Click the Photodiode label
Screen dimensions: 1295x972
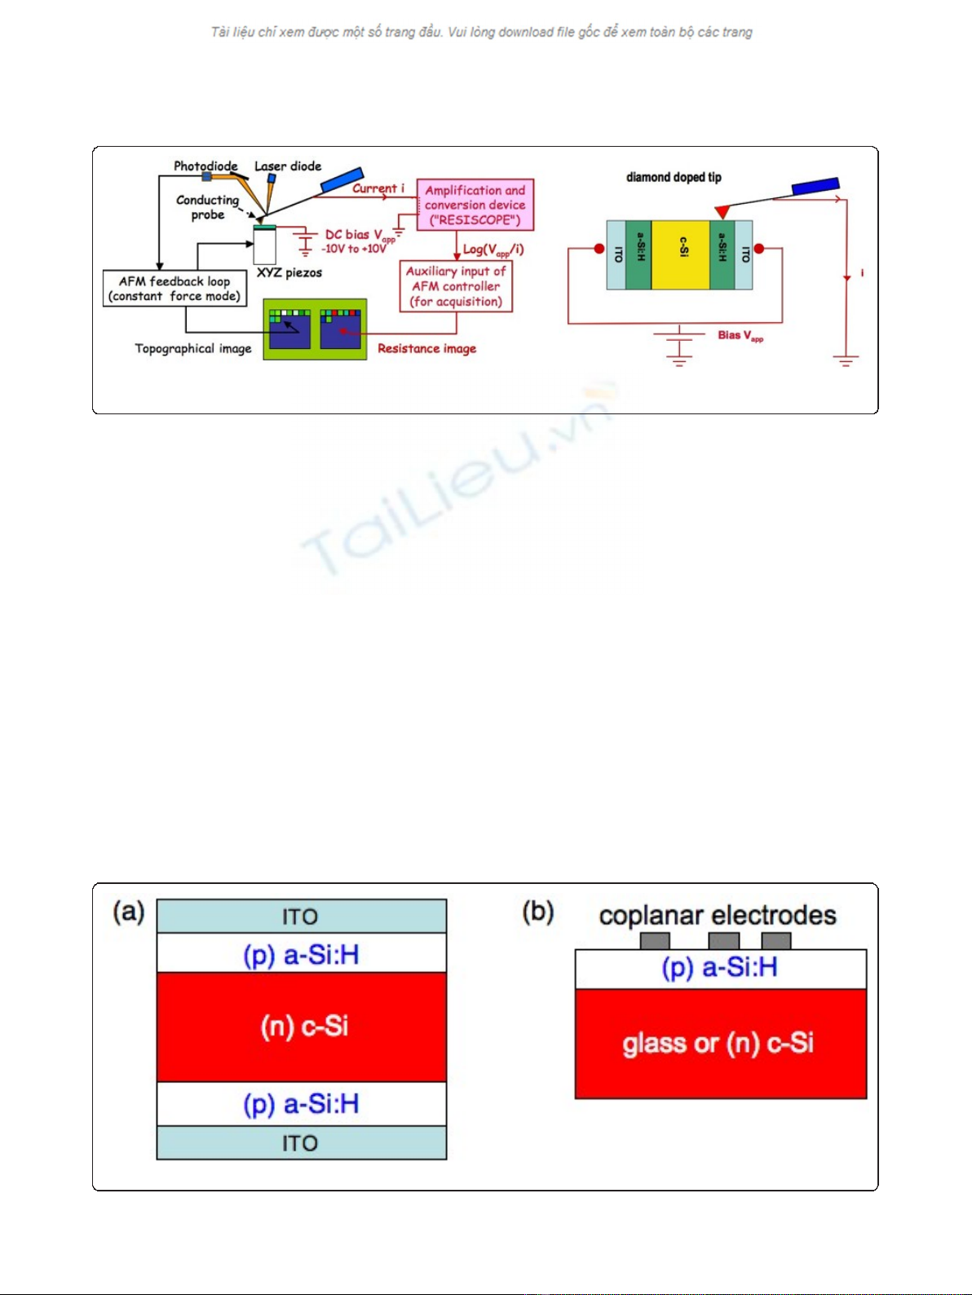point(205,166)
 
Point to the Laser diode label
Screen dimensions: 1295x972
point(288,166)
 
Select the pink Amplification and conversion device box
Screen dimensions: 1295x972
point(475,205)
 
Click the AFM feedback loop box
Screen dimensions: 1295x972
point(175,289)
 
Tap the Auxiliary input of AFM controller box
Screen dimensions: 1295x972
point(456,286)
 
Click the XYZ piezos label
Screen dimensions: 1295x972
point(289,272)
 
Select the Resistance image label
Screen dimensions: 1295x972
point(426,349)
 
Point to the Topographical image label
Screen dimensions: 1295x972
point(193,349)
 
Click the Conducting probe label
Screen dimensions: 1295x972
point(208,207)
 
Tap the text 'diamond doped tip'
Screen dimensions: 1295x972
point(674,178)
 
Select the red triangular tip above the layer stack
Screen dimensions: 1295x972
point(722,212)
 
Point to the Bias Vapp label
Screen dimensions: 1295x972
point(740,335)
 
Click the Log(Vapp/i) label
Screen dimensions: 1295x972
point(493,250)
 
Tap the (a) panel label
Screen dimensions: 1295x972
point(129,912)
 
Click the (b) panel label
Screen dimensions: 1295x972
point(538,912)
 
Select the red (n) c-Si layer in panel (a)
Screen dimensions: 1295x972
point(302,1026)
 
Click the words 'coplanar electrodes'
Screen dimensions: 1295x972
point(718,915)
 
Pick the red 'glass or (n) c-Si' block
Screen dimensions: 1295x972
point(720,1044)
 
